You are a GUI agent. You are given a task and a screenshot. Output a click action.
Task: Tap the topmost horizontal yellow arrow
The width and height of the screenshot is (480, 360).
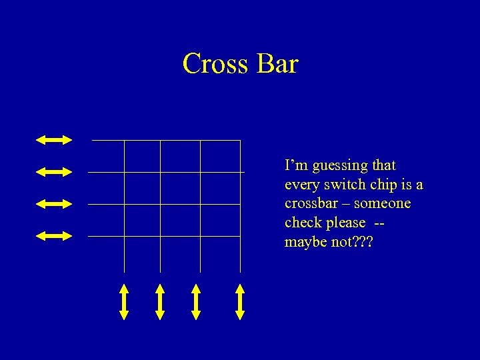tap(54, 139)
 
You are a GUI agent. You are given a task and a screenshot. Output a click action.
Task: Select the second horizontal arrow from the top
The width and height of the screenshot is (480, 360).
tap(54, 171)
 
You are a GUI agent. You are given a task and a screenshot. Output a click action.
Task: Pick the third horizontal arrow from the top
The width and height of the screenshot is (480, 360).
tap(54, 203)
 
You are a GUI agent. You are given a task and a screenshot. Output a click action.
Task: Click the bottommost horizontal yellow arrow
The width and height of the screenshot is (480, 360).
tap(54, 235)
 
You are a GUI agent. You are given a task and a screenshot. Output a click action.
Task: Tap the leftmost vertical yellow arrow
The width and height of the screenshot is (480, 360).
tap(124, 301)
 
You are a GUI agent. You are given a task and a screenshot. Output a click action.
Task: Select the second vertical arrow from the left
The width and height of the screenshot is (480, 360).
tap(160, 301)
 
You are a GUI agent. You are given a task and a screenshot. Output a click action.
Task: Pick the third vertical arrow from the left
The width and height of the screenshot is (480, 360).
tap(196, 301)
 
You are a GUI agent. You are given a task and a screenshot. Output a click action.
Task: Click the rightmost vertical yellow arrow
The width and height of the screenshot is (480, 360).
tap(240, 301)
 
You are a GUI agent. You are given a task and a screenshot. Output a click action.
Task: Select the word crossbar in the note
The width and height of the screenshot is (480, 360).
tap(311, 203)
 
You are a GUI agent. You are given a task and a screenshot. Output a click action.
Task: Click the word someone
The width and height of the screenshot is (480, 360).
tap(384, 203)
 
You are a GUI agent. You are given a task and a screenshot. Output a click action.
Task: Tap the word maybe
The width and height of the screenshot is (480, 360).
tap(303, 242)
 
